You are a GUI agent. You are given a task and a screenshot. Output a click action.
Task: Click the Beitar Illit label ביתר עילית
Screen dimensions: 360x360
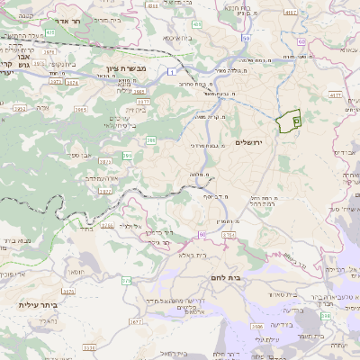(x=37, y=305)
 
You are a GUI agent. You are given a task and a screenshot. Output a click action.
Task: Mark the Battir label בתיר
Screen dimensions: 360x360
(x=86, y=229)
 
